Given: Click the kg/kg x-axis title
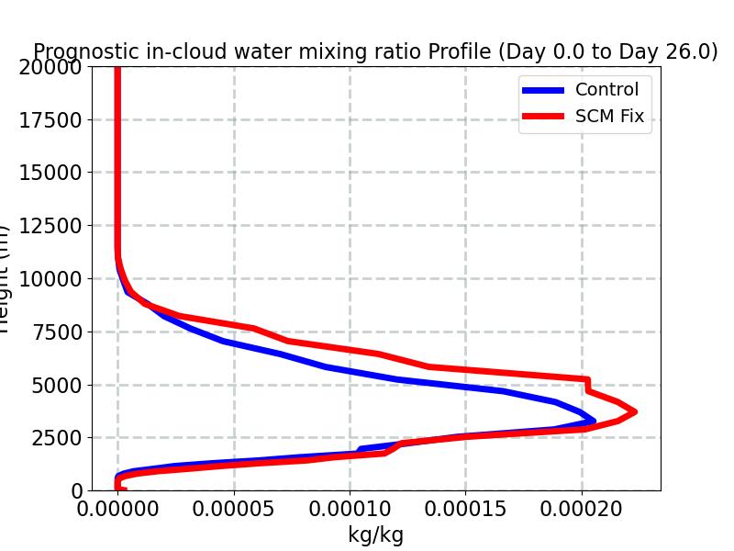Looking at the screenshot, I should click(376, 535).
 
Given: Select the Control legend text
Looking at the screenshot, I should click(606, 90).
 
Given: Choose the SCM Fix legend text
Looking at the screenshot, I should click(609, 117).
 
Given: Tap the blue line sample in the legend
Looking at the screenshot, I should click(543, 90).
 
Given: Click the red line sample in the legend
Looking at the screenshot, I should click(543, 117).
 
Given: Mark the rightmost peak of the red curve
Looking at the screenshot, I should click(634, 412).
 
